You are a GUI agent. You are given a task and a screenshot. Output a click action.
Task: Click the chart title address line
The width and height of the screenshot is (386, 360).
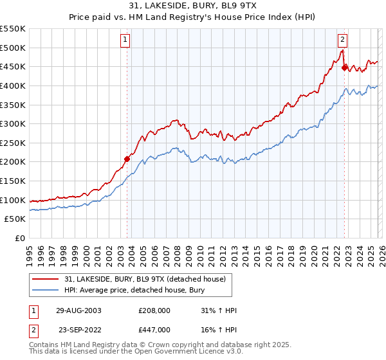coord(193,6)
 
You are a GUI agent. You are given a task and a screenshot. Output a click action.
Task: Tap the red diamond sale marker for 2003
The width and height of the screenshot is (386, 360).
coord(127,159)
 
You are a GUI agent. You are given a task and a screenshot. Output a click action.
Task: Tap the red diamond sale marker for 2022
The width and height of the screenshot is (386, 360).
coord(344,67)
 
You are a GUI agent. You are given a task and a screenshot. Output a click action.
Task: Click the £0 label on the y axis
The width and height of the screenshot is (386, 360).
coord(19,238)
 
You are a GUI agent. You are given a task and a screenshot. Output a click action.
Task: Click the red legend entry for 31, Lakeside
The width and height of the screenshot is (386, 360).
coord(145,279)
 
